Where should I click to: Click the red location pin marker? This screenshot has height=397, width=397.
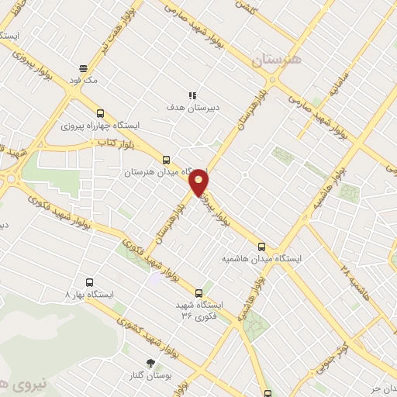pyautogui.click(x=199, y=182)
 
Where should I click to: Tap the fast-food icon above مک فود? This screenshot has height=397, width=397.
pyautogui.click(x=83, y=68)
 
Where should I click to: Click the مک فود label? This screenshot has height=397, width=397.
pyautogui.click(x=83, y=79)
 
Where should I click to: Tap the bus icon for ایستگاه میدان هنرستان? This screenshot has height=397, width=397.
pyautogui.click(x=165, y=161)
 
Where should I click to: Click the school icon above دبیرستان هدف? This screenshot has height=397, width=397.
pyautogui.click(x=192, y=95)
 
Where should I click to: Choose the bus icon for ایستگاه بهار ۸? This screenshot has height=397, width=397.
pyautogui.click(x=88, y=283)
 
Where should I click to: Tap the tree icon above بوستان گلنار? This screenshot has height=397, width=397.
pyautogui.click(x=150, y=363)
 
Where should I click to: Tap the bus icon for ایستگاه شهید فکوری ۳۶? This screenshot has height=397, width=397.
pyautogui.click(x=199, y=293)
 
